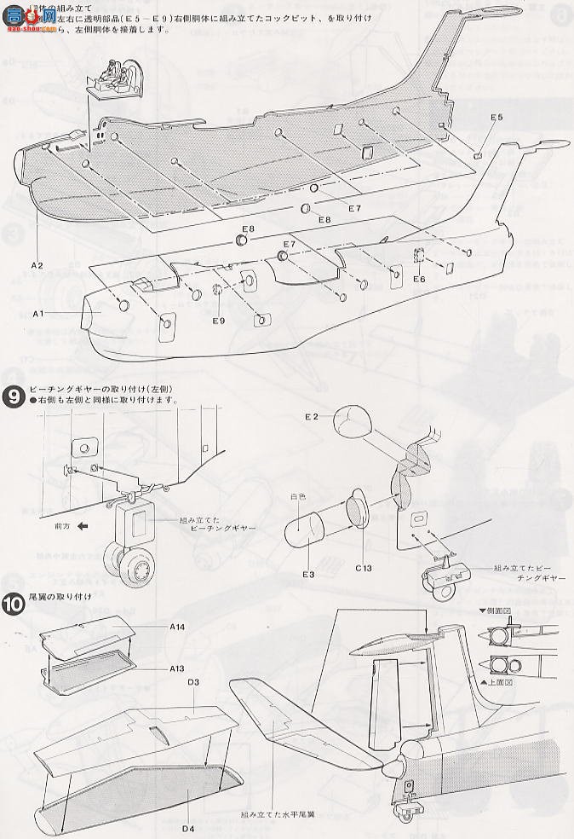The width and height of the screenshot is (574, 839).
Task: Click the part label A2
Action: [37, 264]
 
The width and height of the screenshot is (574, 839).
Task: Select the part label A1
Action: [37, 314]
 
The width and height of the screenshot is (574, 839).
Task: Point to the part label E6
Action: [418, 279]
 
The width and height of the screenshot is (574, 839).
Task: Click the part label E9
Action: [219, 321]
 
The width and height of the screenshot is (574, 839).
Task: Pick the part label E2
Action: [312, 416]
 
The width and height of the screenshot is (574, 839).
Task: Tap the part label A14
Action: [177, 627]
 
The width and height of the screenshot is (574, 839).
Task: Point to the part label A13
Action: [177, 669]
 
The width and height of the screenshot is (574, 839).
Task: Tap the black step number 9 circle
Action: [14, 396]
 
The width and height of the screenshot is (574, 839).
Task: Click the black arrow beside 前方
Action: [83, 526]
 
